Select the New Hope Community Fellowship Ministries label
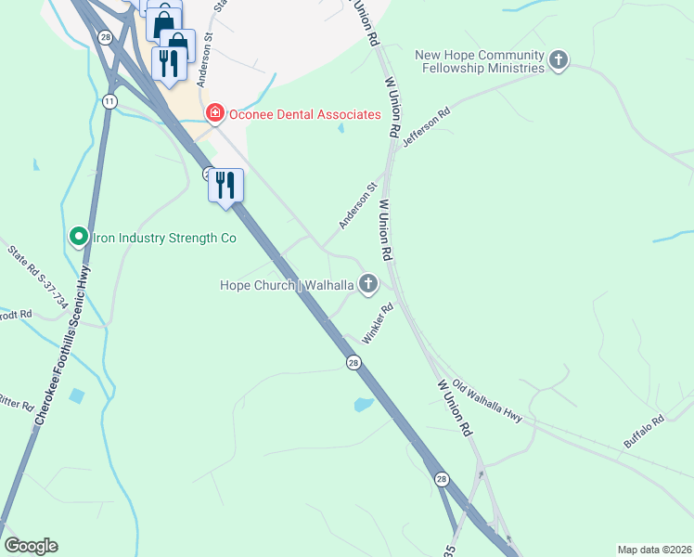[x=480, y=61]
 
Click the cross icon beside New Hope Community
[x=558, y=61]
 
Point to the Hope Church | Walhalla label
[x=286, y=284]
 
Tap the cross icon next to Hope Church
[x=368, y=283]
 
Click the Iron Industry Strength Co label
[x=164, y=238]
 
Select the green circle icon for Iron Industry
[x=79, y=238]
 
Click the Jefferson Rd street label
[x=427, y=128]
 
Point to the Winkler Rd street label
[x=379, y=324]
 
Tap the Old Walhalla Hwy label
[x=481, y=399]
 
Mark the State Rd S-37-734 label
[x=37, y=275]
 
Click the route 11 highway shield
[x=109, y=101]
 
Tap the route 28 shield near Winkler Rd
[x=353, y=363]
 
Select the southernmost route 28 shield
[x=442, y=478]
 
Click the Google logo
[x=31, y=546]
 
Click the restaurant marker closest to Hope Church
[x=225, y=187]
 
